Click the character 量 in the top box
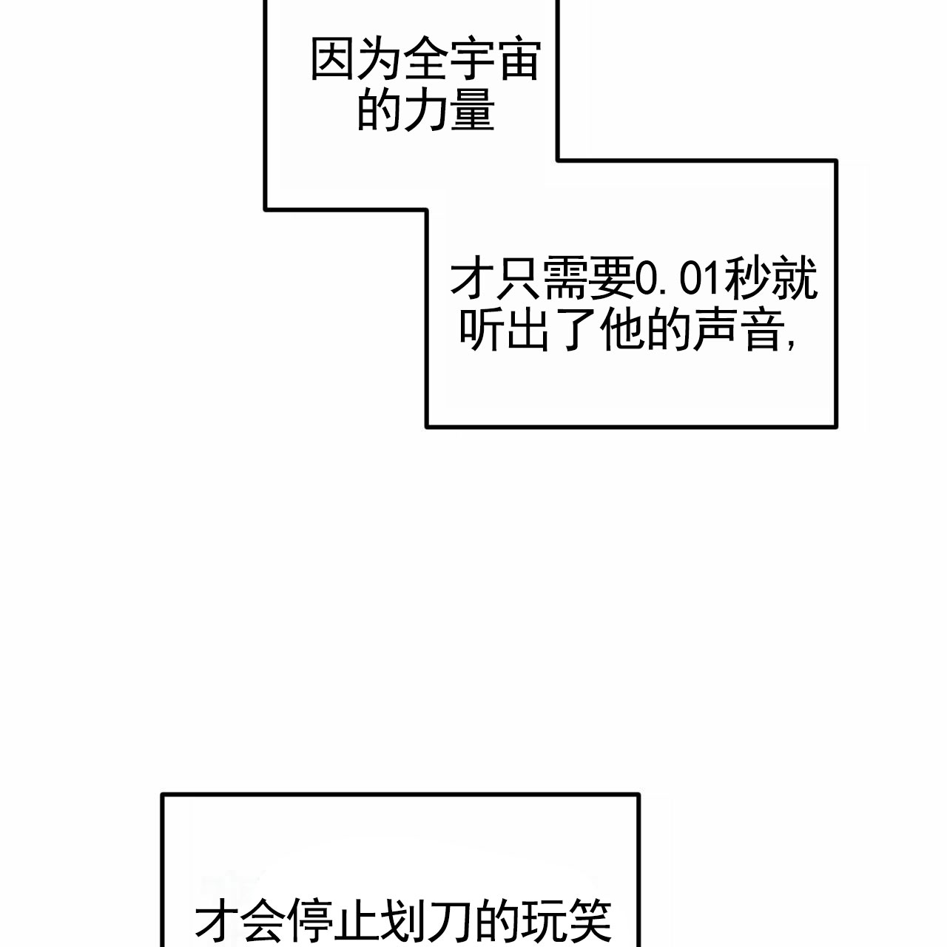tap(473, 111)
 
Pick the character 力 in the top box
tap(426, 111)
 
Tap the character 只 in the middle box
tap(519, 279)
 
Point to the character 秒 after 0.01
tap(749, 279)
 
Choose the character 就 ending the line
tap(795, 279)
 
